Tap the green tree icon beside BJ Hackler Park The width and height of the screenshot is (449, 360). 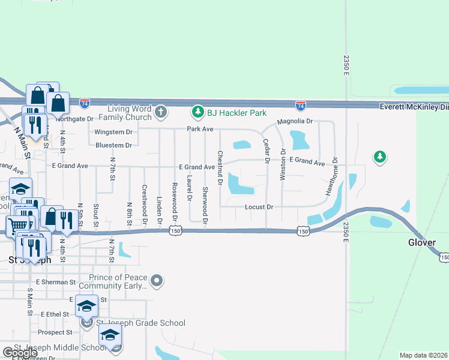(x=197, y=112)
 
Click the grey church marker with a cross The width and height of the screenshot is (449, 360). (x=160, y=112)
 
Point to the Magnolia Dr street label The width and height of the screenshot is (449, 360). (x=295, y=121)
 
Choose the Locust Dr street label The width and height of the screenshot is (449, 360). (x=259, y=207)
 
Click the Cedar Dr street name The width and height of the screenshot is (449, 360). (x=266, y=151)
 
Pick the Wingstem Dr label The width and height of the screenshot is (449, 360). (x=113, y=132)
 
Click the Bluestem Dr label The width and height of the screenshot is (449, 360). (x=113, y=145)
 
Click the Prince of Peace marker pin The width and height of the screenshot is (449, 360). (x=157, y=280)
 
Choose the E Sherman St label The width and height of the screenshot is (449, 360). (x=56, y=281)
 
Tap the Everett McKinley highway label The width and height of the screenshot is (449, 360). (x=414, y=106)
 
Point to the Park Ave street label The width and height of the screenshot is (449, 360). (x=200, y=129)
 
